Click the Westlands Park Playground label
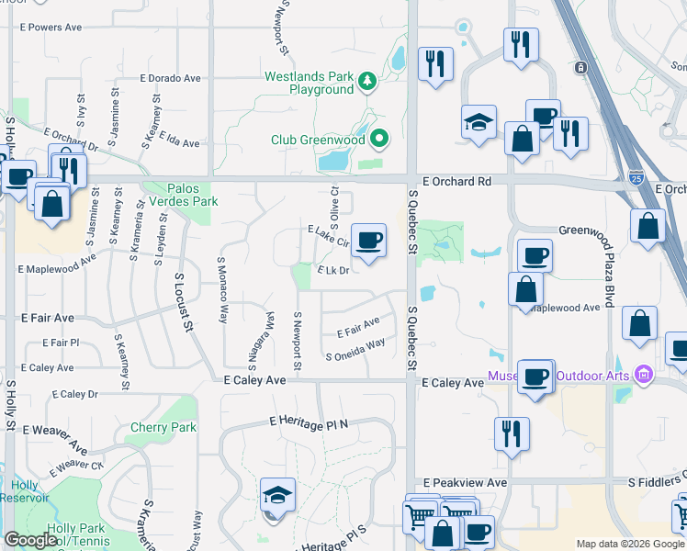309,83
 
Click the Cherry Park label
163,427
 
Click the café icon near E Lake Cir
368,242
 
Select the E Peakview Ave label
465,482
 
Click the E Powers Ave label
51,28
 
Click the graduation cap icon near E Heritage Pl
277,496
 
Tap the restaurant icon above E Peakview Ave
512,433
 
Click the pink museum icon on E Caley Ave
642,374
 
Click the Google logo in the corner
30,540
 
